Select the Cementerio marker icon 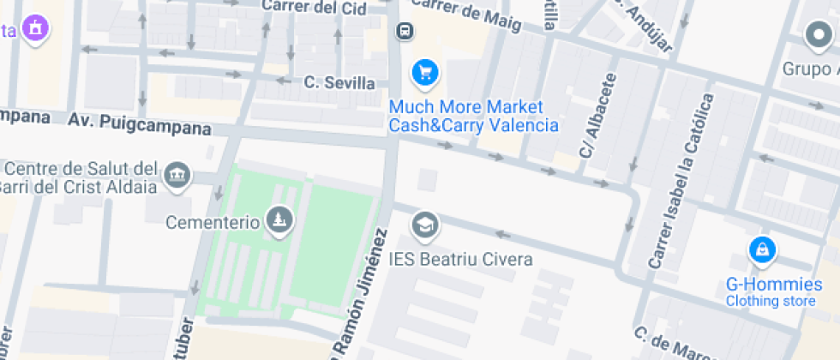coord(279,220)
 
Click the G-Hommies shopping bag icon coord(761,250)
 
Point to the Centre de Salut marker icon coord(178,175)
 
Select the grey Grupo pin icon coord(819,36)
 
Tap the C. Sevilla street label coord(339,82)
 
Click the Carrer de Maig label coord(466,15)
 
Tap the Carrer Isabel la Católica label coord(681,181)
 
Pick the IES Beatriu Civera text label coord(460,259)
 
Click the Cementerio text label coord(213,222)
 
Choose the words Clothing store coord(771,301)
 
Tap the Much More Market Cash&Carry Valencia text coord(474,116)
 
